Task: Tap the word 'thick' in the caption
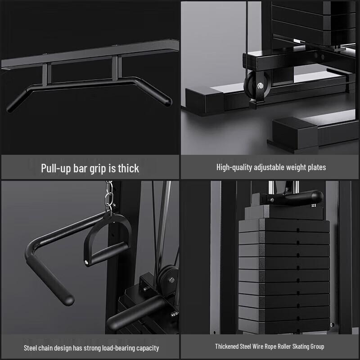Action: [128, 168]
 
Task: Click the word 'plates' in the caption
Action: [316, 167]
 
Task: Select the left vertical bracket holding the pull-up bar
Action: [46, 74]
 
